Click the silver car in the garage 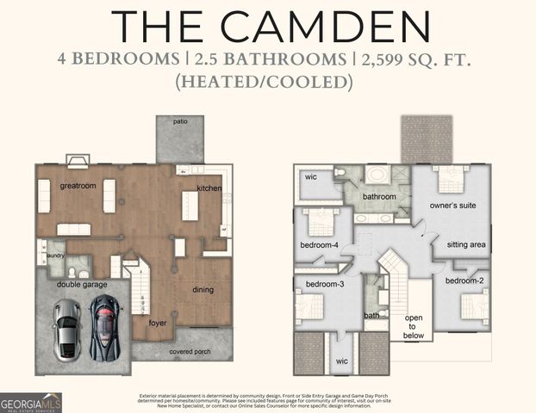[66, 330]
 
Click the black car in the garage [105, 327]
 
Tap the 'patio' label [180, 122]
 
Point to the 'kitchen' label [209, 188]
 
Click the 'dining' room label [203, 290]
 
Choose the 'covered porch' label [191, 352]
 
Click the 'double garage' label [82, 284]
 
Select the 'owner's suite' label [454, 206]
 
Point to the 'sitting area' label [466, 245]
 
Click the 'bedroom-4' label [320, 245]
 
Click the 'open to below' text [414, 327]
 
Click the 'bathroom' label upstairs [379, 196]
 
